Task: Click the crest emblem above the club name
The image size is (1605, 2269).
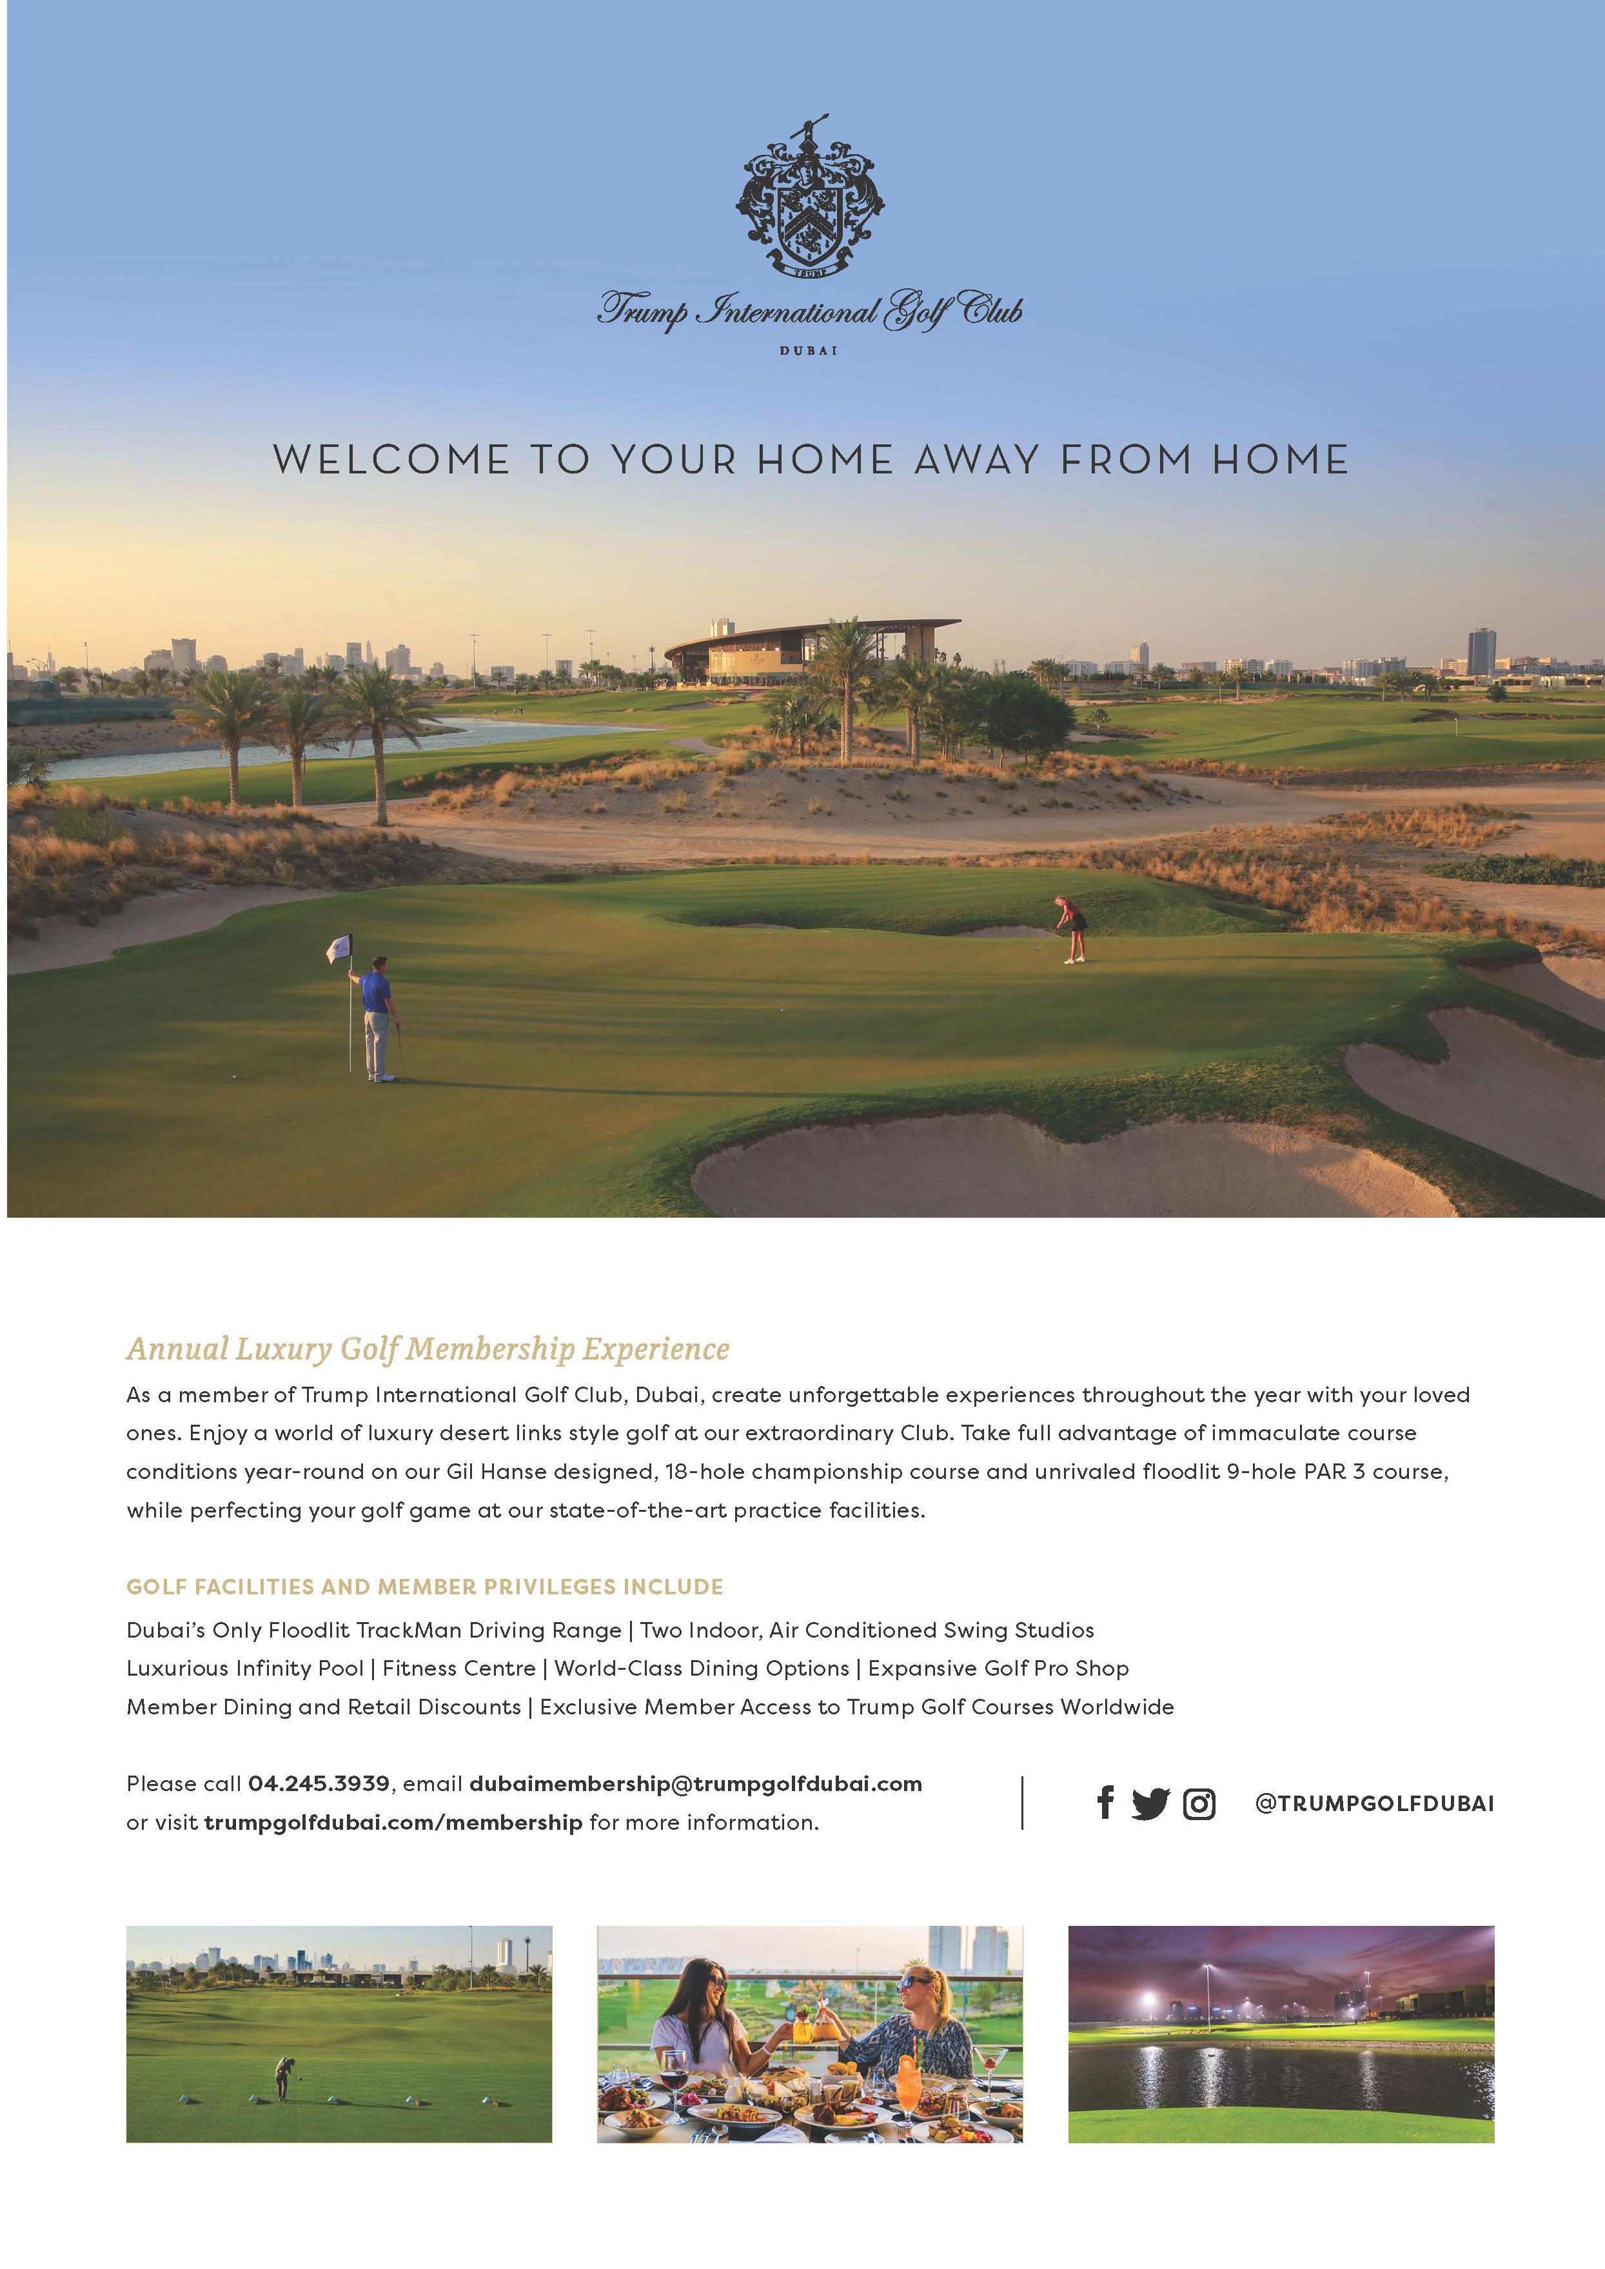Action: [x=809, y=197]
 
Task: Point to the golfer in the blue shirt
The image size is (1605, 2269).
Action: [x=377, y=1018]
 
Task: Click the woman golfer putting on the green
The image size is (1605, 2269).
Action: [x=1070, y=928]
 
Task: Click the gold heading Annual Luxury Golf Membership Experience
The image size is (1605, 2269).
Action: [x=428, y=1349]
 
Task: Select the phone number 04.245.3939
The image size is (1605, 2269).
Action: [x=319, y=1784]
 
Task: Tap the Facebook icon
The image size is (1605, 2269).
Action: [x=1106, y=1803]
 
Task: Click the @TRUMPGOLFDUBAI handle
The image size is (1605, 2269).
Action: [x=1374, y=1803]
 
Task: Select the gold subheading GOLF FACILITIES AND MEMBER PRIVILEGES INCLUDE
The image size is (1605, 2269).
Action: [x=425, y=1587]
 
